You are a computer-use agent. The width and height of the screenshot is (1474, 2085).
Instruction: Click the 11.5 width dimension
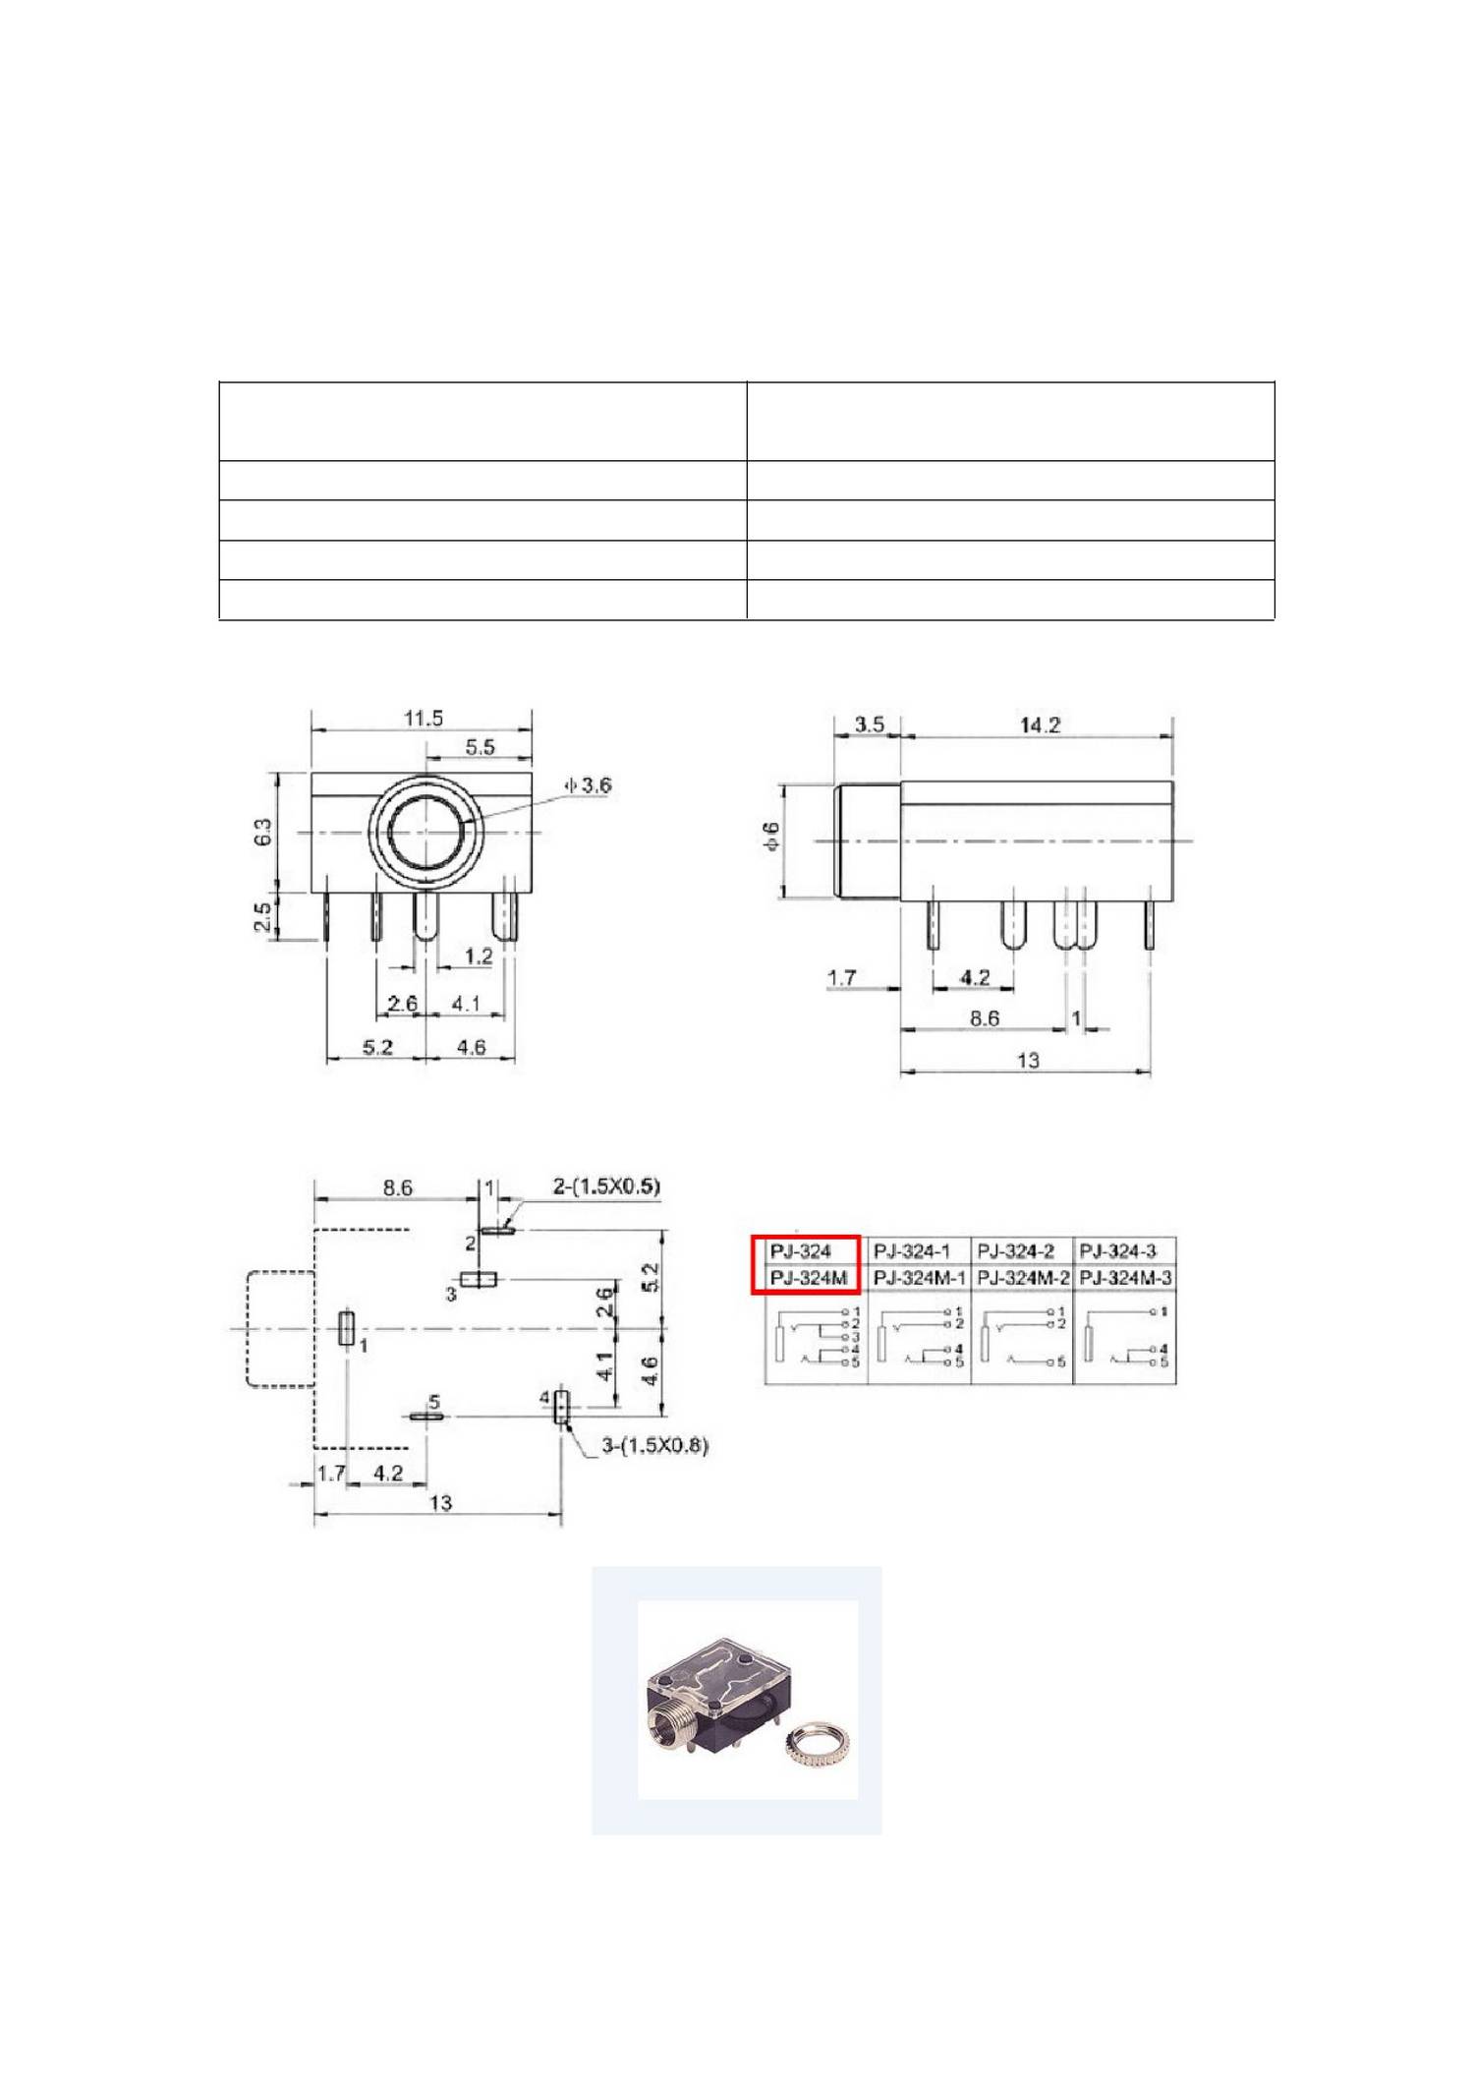click(423, 718)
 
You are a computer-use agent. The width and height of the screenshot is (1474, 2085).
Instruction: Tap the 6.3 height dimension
click(262, 832)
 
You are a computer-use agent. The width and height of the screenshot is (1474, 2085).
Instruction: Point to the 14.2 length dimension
click(1040, 725)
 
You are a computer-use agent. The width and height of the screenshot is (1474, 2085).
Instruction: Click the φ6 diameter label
click(771, 837)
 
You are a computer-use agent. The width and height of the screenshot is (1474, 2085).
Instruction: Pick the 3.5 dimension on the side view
click(869, 724)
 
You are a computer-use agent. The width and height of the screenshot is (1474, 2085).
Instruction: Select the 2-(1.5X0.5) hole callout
click(605, 1187)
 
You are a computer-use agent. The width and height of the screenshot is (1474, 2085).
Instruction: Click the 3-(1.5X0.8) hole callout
click(654, 1445)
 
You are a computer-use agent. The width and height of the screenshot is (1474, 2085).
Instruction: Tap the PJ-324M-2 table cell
click(1023, 1278)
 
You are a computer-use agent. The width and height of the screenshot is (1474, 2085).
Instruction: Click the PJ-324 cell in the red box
click(802, 1251)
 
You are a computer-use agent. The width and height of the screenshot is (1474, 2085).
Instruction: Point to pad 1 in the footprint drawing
click(346, 1327)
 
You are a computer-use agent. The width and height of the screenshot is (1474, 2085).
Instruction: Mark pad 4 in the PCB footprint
click(561, 1407)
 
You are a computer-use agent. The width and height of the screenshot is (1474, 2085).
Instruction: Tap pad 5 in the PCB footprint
click(427, 1417)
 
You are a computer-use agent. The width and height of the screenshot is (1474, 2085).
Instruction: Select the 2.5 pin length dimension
click(262, 916)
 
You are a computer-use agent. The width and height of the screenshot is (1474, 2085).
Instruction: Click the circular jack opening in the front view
click(425, 832)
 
